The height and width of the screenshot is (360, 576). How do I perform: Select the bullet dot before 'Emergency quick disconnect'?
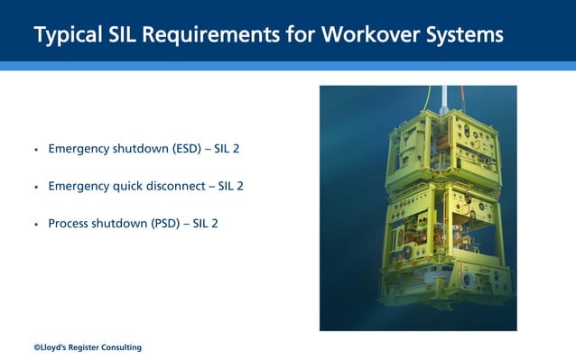(36, 187)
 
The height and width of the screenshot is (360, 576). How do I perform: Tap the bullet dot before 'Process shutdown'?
(36, 224)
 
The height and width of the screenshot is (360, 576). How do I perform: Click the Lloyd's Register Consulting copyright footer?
(88, 347)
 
